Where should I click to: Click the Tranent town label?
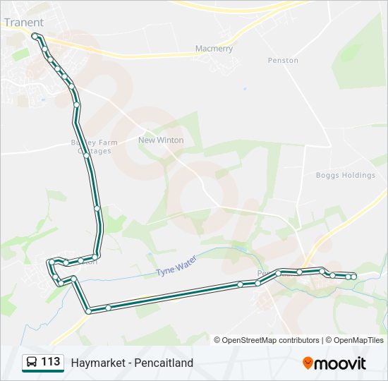(x=23, y=22)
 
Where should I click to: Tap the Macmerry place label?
(x=214, y=49)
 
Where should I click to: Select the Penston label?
(x=283, y=61)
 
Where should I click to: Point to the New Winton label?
(x=160, y=140)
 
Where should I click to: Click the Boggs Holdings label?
(x=345, y=175)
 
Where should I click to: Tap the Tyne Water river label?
(x=176, y=267)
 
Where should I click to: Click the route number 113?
(x=51, y=362)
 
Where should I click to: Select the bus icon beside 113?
(x=32, y=363)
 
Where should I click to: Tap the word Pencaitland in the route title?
(x=165, y=363)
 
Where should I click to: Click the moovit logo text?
(x=341, y=363)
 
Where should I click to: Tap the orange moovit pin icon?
(x=308, y=363)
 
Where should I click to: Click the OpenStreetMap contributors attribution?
(x=271, y=340)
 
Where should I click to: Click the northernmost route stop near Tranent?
(x=35, y=35)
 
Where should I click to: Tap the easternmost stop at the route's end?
(x=353, y=276)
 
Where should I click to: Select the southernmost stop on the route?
(x=88, y=310)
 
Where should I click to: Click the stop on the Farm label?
(x=86, y=155)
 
